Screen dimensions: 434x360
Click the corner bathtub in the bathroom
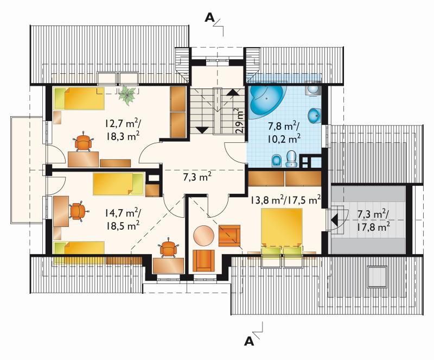click(266, 101)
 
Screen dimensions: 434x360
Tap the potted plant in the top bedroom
click(127, 95)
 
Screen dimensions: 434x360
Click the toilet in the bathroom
click(291, 159)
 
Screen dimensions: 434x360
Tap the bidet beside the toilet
click(277, 161)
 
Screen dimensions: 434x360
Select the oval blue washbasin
click(314, 116)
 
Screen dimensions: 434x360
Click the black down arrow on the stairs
click(202, 130)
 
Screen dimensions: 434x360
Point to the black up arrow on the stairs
click(233, 92)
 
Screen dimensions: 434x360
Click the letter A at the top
click(209, 18)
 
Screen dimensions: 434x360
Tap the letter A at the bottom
click(249, 342)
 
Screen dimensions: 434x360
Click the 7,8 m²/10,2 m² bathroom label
click(284, 132)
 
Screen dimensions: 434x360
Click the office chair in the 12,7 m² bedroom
click(83, 142)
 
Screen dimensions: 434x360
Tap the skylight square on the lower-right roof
click(377, 276)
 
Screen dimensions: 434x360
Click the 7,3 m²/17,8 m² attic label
click(374, 220)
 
